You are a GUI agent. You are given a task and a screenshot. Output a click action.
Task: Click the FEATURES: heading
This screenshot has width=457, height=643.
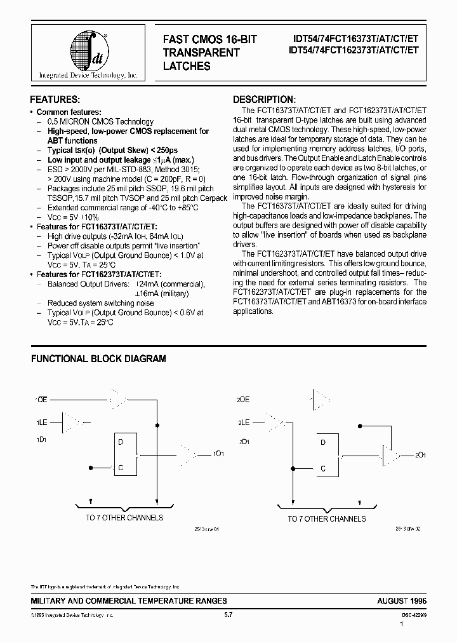(x=55, y=100)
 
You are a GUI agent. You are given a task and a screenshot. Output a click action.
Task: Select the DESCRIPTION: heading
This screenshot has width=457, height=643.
(x=263, y=100)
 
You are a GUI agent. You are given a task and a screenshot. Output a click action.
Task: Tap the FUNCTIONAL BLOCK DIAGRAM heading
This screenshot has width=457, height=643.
(x=98, y=359)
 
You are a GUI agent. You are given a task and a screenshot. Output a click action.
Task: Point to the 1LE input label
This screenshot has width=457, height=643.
(x=41, y=421)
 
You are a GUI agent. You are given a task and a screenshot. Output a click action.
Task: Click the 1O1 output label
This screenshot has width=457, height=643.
(x=218, y=454)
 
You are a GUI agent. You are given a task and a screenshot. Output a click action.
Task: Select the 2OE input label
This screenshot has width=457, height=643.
(x=244, y=400)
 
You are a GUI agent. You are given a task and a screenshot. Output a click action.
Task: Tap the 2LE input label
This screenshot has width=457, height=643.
(x=244, y=421)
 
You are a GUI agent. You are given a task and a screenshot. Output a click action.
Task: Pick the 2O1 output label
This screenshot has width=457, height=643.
(x=420, y=456)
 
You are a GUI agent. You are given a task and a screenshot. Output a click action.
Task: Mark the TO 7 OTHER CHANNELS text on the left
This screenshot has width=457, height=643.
(x=124, y=518)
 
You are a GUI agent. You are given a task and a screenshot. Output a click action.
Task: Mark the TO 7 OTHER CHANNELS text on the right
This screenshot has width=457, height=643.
(x=326, y=519)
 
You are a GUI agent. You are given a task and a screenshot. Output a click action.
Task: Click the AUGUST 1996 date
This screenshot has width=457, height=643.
(x=402, y=600)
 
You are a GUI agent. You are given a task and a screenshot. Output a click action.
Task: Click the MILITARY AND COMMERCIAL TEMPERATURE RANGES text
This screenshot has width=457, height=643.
(x=129, y=600)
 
